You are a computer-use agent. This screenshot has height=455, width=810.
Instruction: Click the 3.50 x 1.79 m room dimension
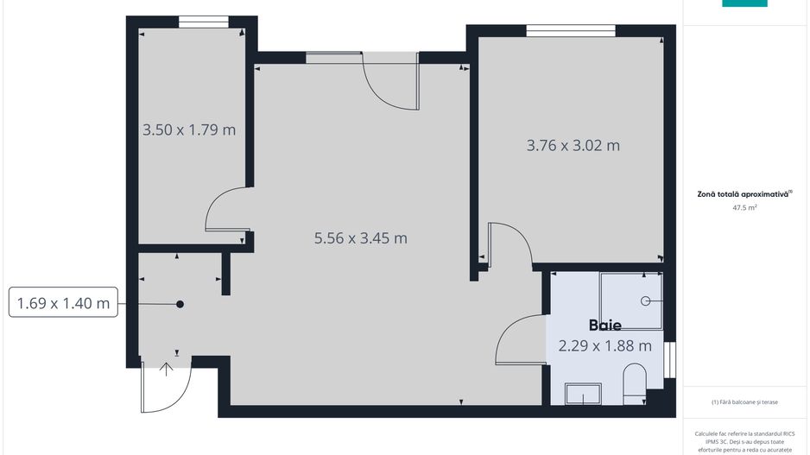pos(189,130)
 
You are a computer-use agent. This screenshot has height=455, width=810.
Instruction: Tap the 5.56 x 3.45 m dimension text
pos(361,238)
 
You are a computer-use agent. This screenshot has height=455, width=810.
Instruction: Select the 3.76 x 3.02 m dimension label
pos(573,145)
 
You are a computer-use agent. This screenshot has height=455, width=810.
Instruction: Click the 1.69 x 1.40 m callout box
pos(63,303)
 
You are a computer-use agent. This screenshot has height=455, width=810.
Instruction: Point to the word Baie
pos(605,325)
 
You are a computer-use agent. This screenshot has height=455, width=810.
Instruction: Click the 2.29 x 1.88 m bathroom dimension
pos(604,346)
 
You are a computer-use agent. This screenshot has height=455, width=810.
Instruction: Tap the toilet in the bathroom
pos(634,382)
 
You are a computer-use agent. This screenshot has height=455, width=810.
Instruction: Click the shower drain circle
pos(645,300)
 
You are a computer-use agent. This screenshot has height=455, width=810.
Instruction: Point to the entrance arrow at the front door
pos(166,370)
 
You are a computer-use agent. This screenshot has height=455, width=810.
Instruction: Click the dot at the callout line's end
pos(180,304)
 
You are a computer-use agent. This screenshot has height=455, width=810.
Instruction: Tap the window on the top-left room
pos(204,22)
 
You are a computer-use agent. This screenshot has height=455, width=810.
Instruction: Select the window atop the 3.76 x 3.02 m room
pos(571,30)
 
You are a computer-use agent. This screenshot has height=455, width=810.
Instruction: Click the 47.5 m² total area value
pos(744,208)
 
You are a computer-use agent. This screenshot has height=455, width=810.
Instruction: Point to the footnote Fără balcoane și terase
pos(744,402)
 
